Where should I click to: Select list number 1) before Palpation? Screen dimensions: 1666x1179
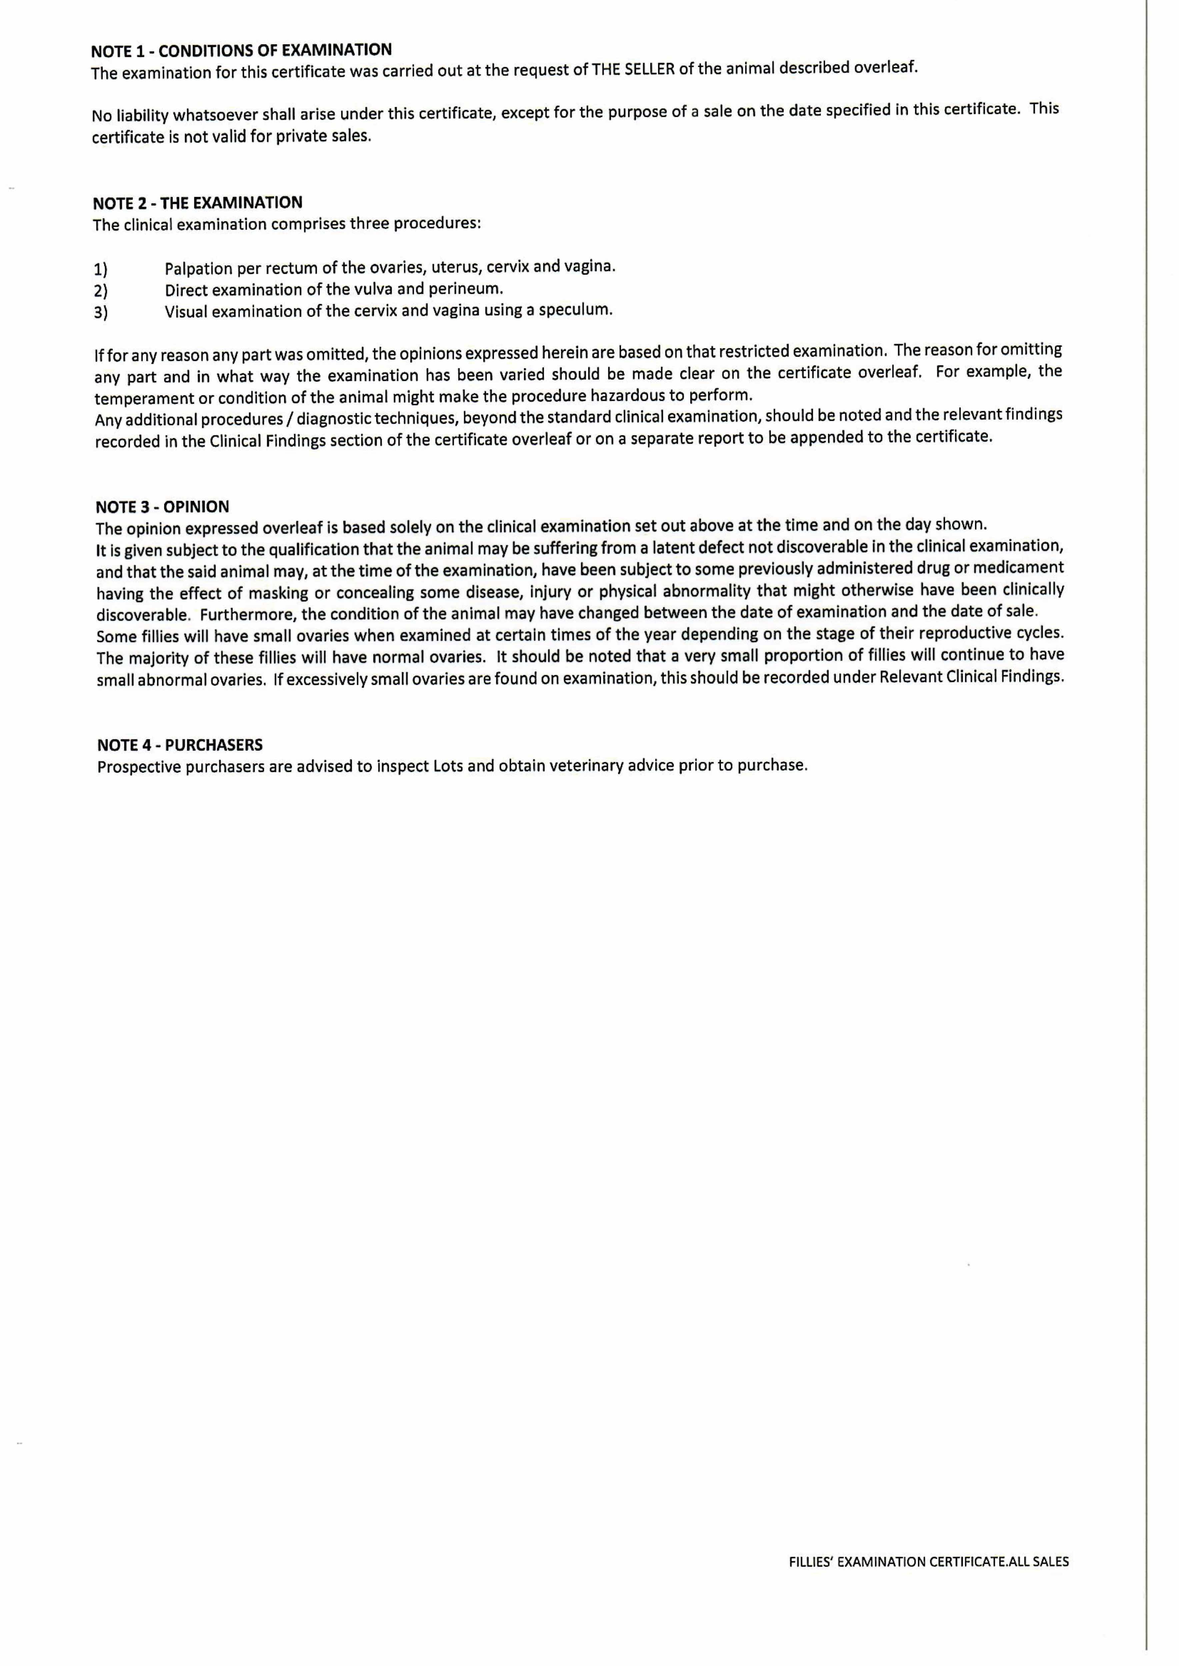coord(100,270)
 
